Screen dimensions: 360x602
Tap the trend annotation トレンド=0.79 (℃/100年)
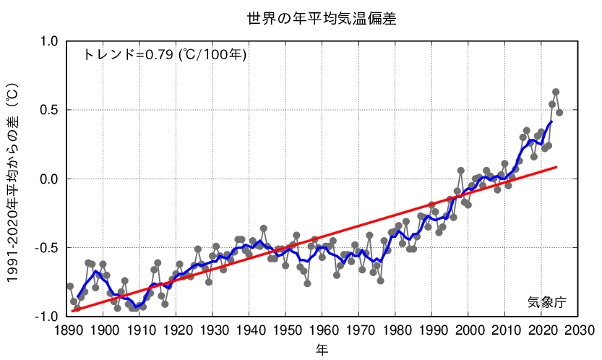[165, 54]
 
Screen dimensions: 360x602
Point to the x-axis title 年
[322, 349]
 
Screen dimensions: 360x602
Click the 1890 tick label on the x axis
[68, 331]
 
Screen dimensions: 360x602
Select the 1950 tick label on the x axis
[286, 331]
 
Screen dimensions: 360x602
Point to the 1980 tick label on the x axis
[395, 331]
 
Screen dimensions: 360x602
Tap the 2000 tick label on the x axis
[468, 331]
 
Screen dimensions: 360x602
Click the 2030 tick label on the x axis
[577, 331]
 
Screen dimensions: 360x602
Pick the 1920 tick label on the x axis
[177, 331]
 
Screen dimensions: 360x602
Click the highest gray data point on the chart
[556, 92]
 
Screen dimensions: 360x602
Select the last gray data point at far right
[559, 113]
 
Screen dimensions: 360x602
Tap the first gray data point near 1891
[70, 286]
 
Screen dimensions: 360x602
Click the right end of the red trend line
[557, 167]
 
